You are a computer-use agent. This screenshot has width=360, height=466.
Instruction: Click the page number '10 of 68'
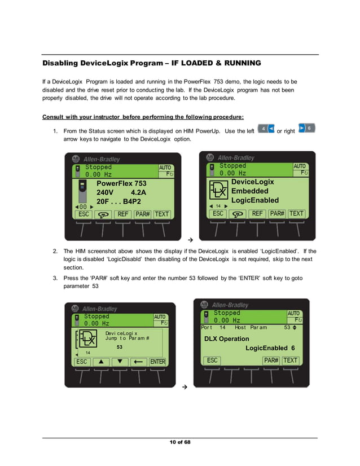click(180, 442)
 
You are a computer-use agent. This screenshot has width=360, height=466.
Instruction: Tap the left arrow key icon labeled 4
click(265, 129)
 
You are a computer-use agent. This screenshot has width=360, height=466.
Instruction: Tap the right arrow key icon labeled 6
click(306, 129)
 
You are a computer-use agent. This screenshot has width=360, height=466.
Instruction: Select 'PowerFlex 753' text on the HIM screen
click(121, 183)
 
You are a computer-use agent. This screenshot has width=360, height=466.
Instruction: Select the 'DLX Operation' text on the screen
click(226, 338)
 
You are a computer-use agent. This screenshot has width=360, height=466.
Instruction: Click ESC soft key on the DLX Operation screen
click(212, 360)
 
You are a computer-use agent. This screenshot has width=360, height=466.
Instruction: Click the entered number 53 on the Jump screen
click(120, 347)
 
